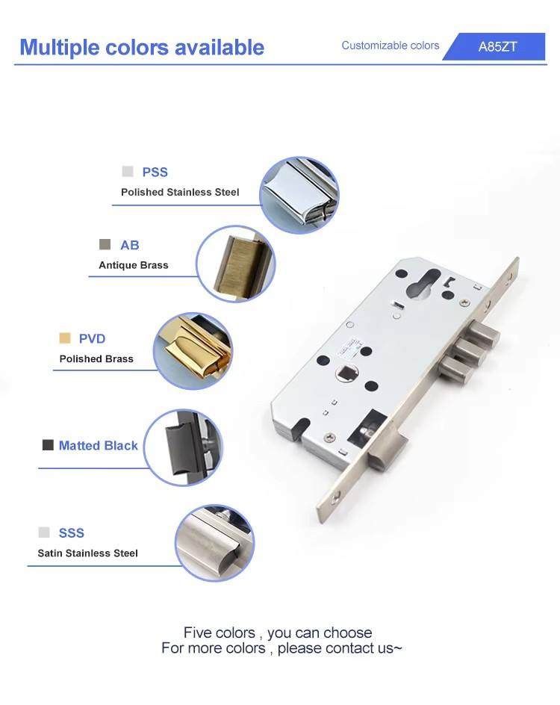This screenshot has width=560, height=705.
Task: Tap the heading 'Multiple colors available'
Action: (x=142, y=47)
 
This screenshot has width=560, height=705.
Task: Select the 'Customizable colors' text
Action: (x=390, y=46)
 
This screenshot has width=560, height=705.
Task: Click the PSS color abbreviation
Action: (x=155, y=172)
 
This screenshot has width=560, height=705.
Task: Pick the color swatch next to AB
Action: (x=105, y=244)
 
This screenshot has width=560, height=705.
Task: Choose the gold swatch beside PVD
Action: (x=65, y=338)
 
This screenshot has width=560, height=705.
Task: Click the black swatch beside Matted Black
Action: (x=48, y=444)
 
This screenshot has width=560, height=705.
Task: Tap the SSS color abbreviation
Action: (x=72, y=532)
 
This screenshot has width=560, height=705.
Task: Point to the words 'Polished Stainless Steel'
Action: (x=180, y=192)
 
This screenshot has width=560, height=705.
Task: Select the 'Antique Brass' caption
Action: (x=134, y=265)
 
